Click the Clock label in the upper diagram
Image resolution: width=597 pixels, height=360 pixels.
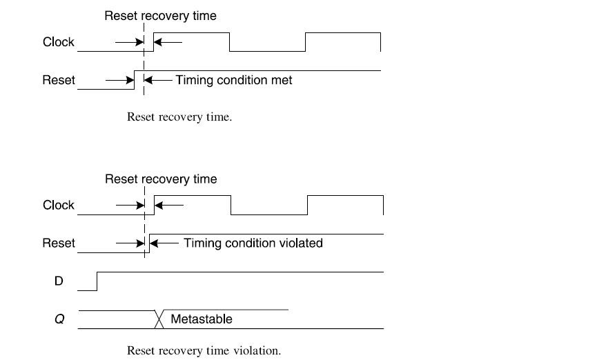coord(58,42)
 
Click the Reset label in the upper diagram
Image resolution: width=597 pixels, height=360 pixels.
coord(58,80)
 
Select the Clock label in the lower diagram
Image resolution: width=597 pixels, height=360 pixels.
coord(58,205)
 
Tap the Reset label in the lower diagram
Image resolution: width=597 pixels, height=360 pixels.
coord(58,243)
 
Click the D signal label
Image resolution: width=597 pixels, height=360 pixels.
coord(59,281)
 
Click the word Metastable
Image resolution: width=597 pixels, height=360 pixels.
coord(201,319)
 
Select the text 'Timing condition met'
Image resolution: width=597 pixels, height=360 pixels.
coord(233,80)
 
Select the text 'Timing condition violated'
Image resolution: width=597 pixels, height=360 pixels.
coord(253,243)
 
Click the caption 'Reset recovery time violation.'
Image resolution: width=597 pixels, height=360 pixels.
coord(204,350)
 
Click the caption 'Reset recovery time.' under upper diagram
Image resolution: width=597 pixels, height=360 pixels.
coord(179,117)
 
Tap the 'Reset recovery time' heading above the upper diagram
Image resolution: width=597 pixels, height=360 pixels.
coord(160,16)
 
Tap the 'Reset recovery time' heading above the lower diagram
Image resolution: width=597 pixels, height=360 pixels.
coord(161,179)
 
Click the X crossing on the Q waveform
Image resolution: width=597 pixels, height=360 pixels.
coord(159,319)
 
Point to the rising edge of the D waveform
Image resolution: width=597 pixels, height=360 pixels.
coord(97,281)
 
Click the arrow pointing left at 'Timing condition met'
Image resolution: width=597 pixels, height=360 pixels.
coord(158,80)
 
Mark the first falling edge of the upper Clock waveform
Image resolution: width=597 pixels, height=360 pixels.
coord(229,41)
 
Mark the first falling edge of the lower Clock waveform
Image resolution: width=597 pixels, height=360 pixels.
coord(231,205)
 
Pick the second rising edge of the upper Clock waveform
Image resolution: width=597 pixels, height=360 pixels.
coord(305,41)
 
